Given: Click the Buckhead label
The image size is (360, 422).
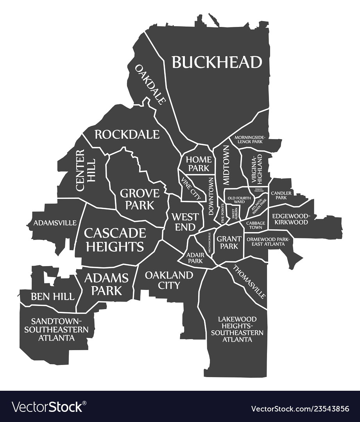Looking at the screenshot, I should point(217,62).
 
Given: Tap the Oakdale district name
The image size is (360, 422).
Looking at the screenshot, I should point(150,84).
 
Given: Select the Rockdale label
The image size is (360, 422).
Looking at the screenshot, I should point(127,134).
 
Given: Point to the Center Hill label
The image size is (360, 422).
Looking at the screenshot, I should point(85,170).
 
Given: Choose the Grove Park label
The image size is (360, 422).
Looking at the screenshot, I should point(140,199).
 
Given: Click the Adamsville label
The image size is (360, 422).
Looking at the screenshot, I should point(55,223).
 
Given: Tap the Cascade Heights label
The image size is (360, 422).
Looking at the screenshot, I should point(115,240).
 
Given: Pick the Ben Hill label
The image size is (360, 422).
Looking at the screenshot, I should point(52,297).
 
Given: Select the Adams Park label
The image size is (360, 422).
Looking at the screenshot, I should point(106,284).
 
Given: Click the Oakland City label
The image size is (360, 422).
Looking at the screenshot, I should point(169,280).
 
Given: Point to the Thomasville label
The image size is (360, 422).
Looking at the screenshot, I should point(249,281).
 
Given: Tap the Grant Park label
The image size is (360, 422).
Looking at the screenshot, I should point(227,242).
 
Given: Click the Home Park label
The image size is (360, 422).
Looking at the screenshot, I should point(199,164).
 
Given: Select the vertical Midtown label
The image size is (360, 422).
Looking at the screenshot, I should point(226,165).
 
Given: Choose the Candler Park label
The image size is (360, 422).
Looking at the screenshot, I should point(281,195).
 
